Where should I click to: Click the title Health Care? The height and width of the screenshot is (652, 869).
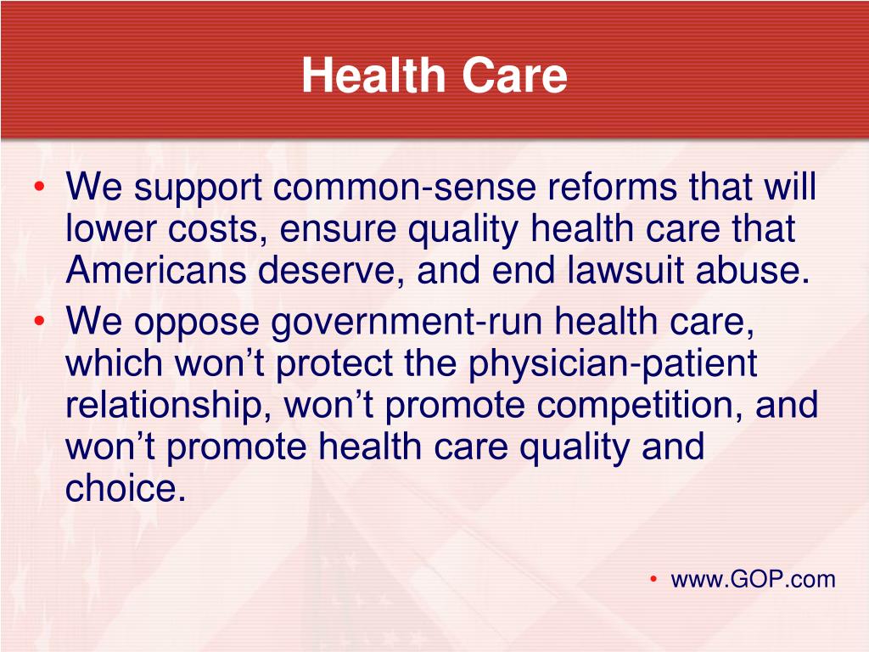pos(434,75)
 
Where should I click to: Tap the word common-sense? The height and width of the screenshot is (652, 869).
pos(404,187)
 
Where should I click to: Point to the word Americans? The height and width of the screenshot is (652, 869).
pos(156,270)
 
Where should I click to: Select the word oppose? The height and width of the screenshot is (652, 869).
pos(196,324)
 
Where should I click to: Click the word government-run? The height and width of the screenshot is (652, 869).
pos(406,323)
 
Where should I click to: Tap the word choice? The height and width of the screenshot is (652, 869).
pos(126,488)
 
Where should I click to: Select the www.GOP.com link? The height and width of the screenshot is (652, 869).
pos(753,580)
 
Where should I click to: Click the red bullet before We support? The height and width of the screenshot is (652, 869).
pos(39,188)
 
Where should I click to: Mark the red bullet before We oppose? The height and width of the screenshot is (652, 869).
pos(39,321)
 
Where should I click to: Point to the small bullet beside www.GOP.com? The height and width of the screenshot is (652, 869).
pos(653,579)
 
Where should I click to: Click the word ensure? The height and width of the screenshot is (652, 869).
pos(338,229)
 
